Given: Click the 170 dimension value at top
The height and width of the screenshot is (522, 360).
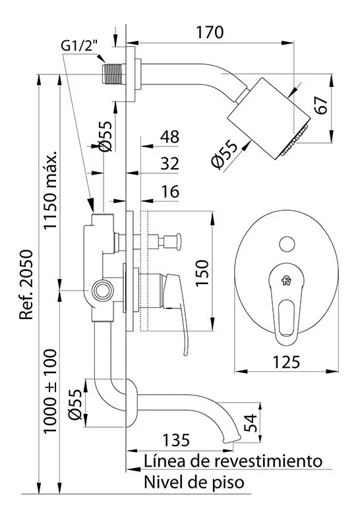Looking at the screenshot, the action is (x=210, y=32).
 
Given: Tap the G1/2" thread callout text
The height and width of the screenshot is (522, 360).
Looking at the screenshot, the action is (x=80, y=45).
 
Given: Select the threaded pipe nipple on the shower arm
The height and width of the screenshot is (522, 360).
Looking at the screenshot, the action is (x=113, y=74).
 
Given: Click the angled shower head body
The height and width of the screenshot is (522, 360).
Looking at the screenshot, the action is (x=269, y=118).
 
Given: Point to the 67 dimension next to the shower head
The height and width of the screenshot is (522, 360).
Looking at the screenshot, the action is (x=322, y=105).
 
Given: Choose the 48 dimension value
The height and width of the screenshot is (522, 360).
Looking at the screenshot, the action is (x=169, y=136).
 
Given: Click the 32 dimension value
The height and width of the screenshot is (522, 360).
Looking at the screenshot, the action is (x=169, y=163).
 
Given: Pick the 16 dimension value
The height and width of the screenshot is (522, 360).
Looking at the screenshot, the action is (x=170, y=191).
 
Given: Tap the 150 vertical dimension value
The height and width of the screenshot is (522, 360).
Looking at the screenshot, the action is (x=202, y=273).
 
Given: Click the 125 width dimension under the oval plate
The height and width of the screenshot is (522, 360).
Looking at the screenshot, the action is (x=286, y=362).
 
